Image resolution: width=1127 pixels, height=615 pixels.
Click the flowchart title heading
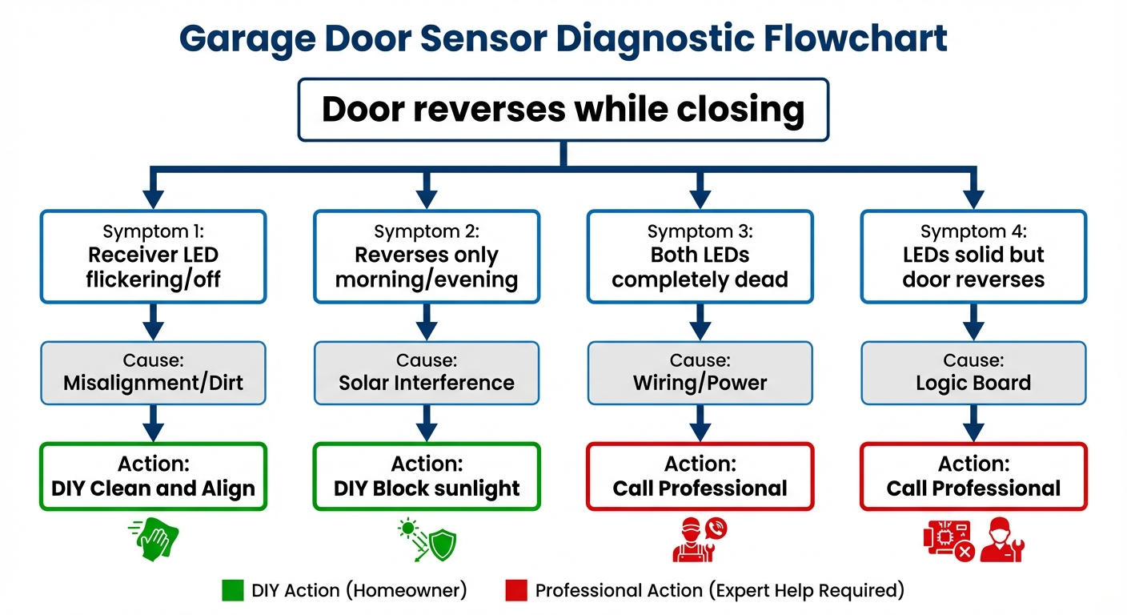point(563,38)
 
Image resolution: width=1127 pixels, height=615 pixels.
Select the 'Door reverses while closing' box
point(563,110)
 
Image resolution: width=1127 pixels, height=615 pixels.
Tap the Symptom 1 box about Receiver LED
point(154,256)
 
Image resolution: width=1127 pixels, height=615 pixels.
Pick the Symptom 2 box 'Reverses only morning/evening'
point(427,256)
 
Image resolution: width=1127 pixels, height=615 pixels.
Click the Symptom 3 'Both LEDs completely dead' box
point(700,256)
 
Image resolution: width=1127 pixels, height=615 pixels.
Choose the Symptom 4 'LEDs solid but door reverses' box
point(973,256)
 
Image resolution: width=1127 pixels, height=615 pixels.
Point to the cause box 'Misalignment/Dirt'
point(154,372)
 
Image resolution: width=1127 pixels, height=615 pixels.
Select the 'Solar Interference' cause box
point(427,372)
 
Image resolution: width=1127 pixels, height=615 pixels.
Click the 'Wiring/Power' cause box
point(700,372)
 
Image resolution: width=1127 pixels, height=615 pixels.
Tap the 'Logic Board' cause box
point(973,372)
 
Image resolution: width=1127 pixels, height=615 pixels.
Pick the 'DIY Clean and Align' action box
point(154,476)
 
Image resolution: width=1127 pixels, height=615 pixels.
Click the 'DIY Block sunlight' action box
point(427,476)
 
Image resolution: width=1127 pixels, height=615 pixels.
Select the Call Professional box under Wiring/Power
point(700,476)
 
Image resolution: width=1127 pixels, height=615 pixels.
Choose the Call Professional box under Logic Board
point(973,476)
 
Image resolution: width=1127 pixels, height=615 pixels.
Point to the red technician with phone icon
point(699,539)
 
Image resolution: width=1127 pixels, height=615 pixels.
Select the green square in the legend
point(232,591)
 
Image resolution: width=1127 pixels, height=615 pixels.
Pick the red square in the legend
point(516,591)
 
